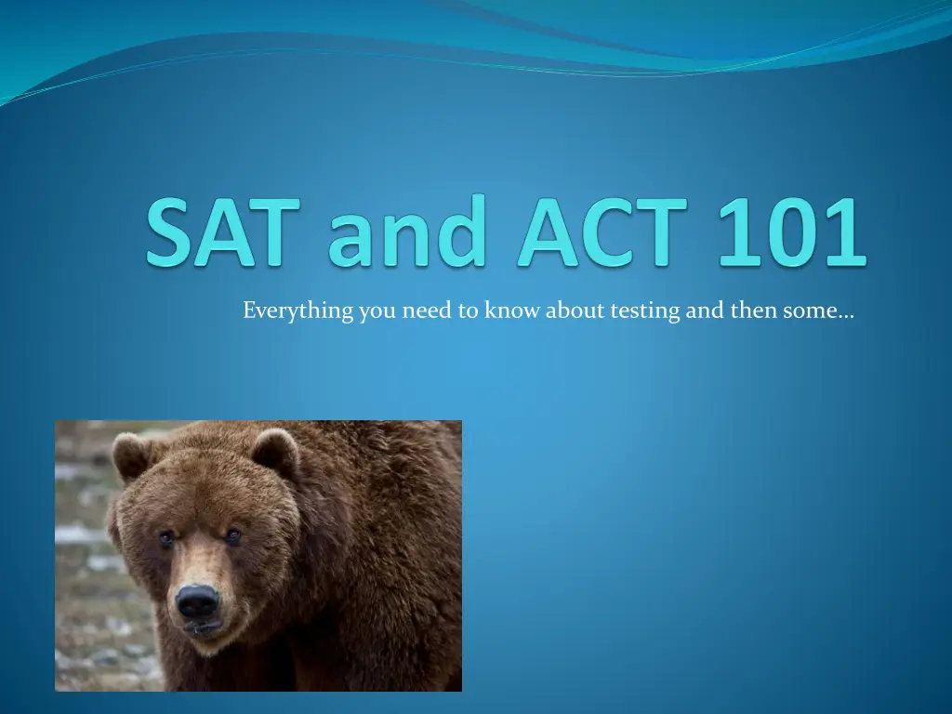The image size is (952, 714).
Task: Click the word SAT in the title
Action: click(223, 231)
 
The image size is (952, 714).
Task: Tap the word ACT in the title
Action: click(602, 231)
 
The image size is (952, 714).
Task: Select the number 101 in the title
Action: click(792, 231)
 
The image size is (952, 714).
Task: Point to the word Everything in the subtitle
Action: click(298, 311)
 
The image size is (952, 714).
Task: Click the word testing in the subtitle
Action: click(645, 311)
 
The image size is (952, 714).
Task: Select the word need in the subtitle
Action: click(427, 311)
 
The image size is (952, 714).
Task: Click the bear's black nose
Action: click(197, 602)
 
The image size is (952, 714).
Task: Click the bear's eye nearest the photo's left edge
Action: click(166, 538)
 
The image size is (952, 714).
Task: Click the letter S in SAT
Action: click(172, 231)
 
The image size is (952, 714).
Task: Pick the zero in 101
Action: click(792, 231)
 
